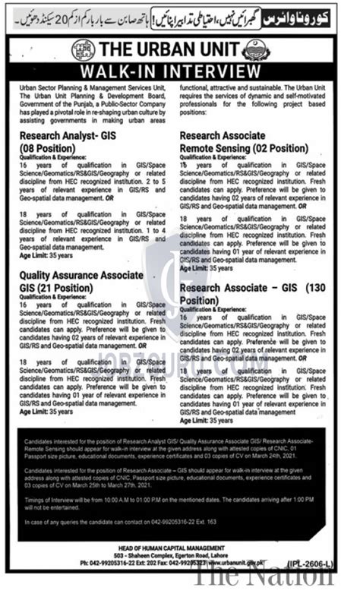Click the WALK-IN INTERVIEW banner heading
[180, 72]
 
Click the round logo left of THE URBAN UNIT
[83, 50]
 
